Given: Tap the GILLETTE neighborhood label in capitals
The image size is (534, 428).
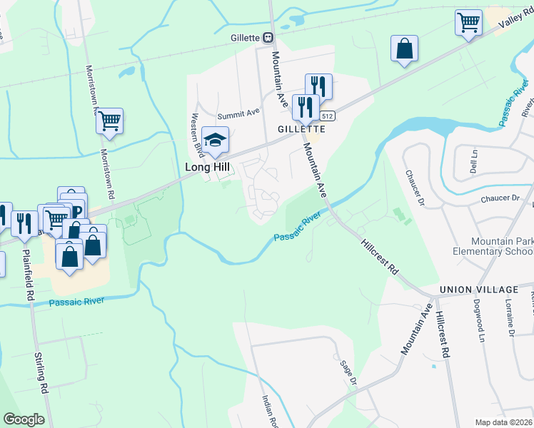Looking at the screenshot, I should [302, 129].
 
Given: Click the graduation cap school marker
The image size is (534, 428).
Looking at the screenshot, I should [214, 139].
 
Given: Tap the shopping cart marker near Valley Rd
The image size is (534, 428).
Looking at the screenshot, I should [468, 22].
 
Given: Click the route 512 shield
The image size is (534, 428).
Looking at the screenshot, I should [328, 116].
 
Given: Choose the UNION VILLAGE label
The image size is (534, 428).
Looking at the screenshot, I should [479, 290].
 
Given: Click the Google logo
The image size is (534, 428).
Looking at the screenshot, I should [24, 419].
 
